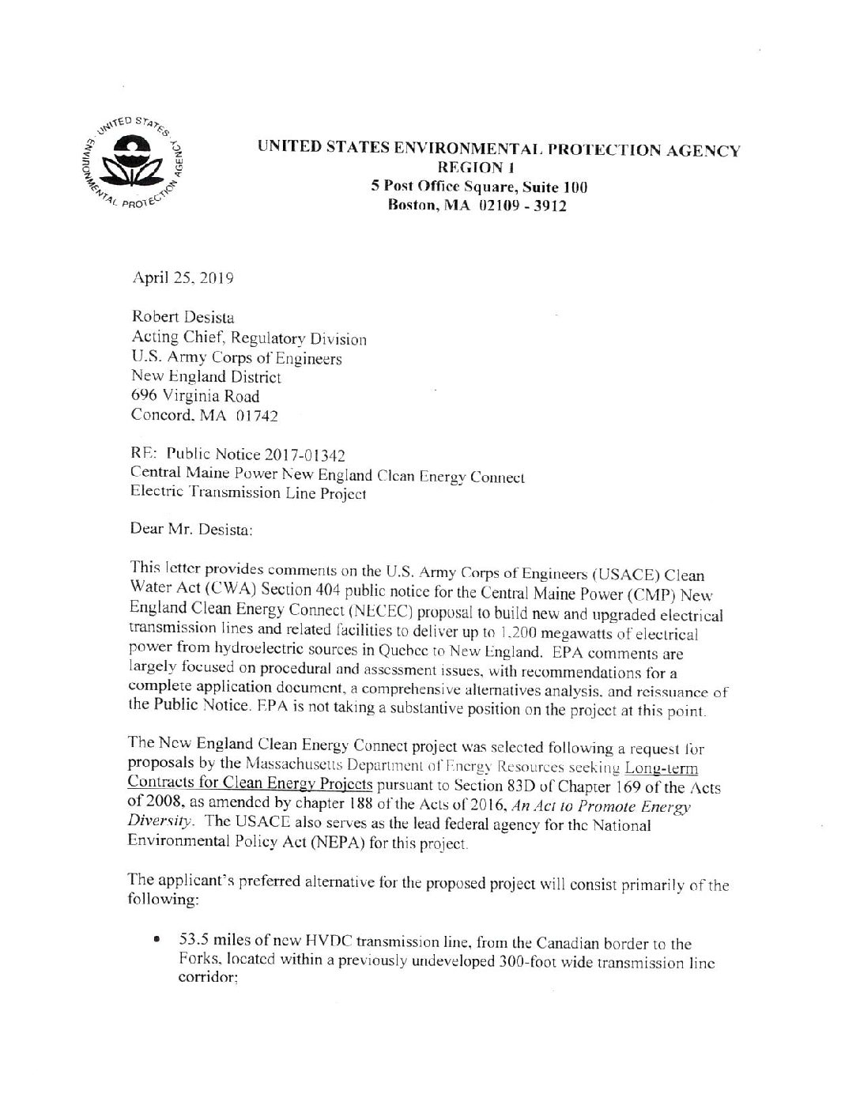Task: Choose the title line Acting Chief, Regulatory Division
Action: point(248,338)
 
